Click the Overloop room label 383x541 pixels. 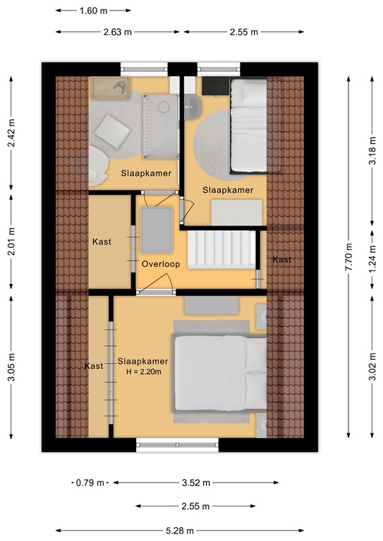point(161,264)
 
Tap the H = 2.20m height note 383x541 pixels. point(144,372)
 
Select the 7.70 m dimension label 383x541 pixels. point(348,257)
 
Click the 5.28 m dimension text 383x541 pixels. point(180,530)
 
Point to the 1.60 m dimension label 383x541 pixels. point(93,11)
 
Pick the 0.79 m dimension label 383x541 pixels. point(90,483)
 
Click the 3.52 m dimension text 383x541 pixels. point(196,483)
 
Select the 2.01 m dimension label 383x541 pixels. point(11,242)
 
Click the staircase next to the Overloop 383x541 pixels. point(221,249)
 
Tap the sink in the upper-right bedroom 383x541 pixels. point(191,107)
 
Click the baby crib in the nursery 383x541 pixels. point(161,126)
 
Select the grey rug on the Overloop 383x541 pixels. point(157,230)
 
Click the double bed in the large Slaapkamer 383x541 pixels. point(219,373)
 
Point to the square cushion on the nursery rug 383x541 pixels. point(113,132)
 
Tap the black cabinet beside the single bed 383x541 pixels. point(216,85)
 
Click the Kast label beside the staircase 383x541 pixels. point(282,259)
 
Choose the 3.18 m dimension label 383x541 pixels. point(372,151)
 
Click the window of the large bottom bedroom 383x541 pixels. point(177,445)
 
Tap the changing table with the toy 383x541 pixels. point(111,88)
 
